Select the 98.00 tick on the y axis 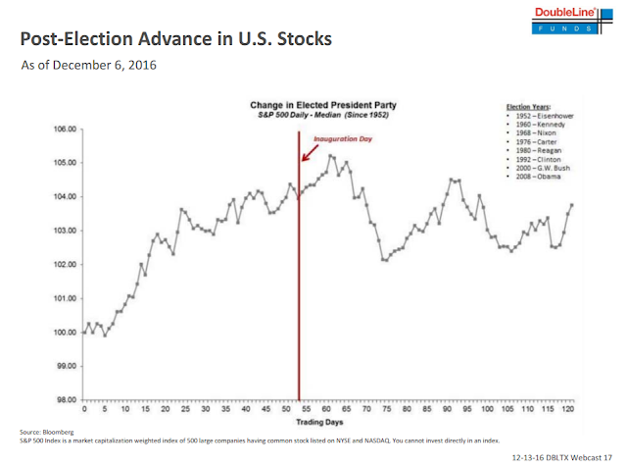65,400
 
